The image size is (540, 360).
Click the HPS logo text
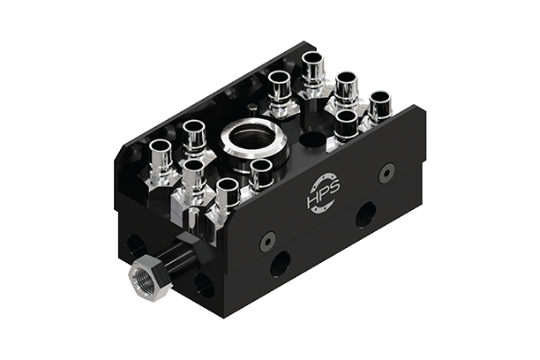click(x=326, y=191)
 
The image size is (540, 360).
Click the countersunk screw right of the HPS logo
click(x=386, y=174)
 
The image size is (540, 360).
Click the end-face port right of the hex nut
click(x=203, y=285)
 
